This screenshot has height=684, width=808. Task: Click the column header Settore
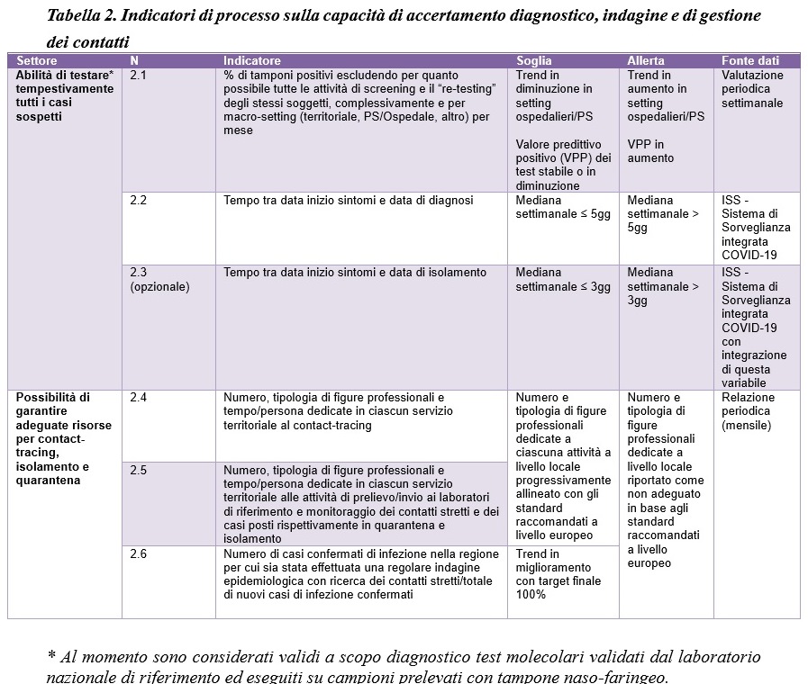click(x=37, y=61)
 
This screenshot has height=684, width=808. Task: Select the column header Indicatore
click(x=252, y=61)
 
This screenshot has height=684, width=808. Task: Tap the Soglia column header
click(x=534, y=61)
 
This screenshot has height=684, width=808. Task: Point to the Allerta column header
click(x=646, y=61)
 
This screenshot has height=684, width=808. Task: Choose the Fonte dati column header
click(x=750, y=61)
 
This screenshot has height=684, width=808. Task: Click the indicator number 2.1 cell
click(x=139, y=76)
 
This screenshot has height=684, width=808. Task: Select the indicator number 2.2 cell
click(x=139, y=201)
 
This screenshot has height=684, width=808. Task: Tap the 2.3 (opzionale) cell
click(x=159, y=280)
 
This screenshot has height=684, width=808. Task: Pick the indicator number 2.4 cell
click(x=139, y=398)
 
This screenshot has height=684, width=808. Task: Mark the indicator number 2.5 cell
click(x=139, y=471)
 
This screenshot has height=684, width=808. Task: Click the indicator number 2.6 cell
click(x=139, y=554)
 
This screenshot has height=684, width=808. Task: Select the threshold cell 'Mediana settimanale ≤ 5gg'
click(x=563, y=208)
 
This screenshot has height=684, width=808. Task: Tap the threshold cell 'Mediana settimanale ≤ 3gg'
click(x=563, y=280)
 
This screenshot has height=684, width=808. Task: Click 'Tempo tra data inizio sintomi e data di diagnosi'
click(x=349, y=201)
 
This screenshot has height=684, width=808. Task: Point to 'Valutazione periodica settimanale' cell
click(x=752, y=89)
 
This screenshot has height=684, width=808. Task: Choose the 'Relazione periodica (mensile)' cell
click(x=748, y=411)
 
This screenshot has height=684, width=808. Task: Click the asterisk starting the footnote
click(x=50, y=655)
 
